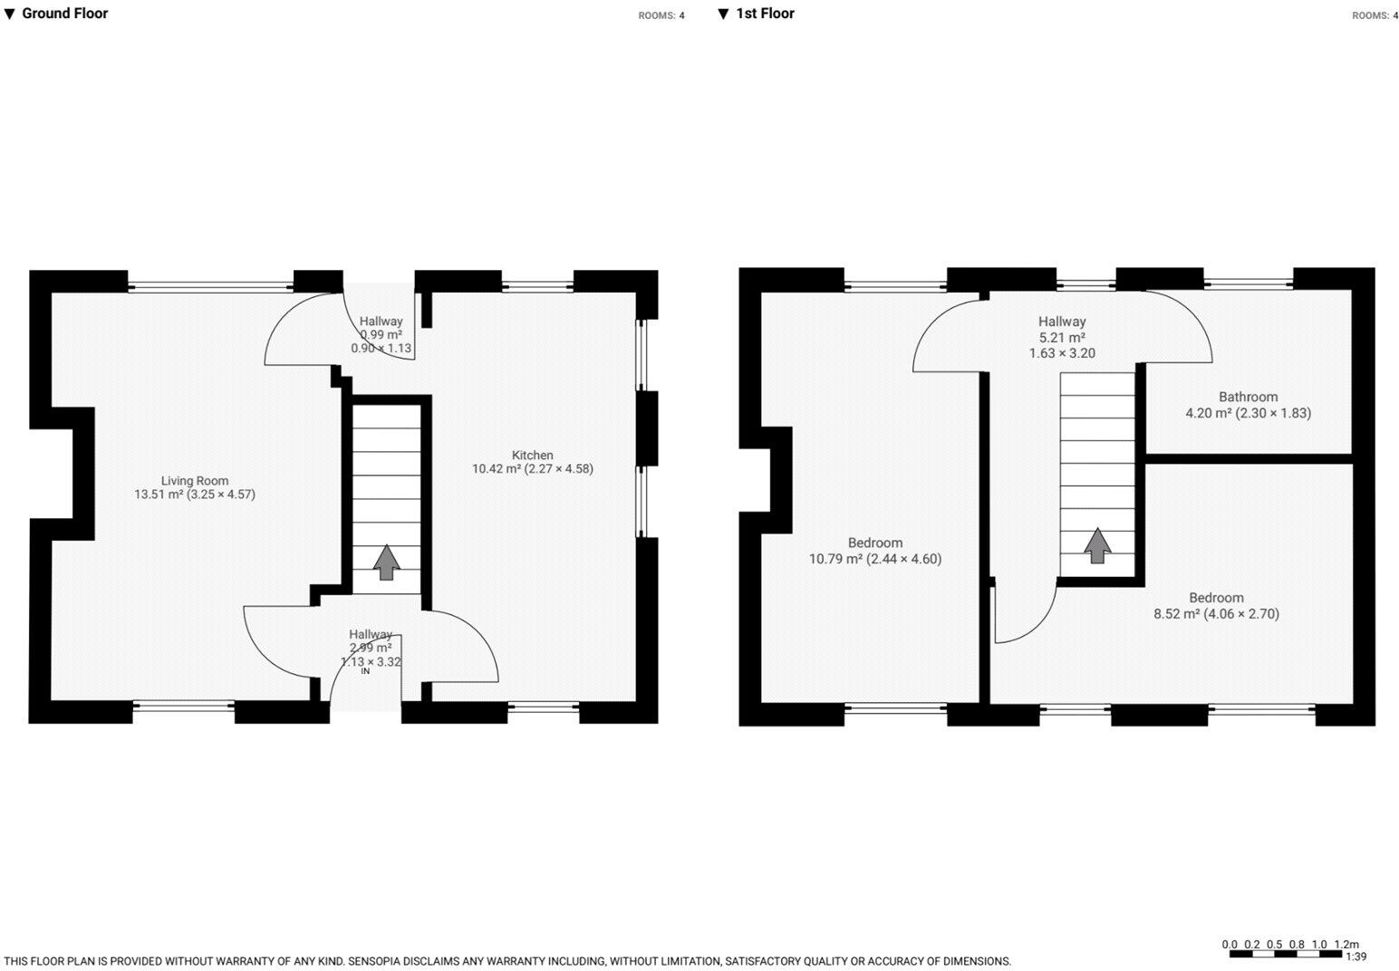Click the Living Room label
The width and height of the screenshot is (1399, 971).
[x=195, y=481]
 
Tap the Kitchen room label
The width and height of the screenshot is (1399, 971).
[x=532, y=456]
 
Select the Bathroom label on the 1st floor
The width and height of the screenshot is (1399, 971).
[x=1248, y=397]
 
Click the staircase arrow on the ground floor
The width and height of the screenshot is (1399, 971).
[x=387, y=562]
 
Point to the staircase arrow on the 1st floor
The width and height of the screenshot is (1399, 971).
[x=1097, y=545]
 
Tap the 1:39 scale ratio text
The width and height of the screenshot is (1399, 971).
[x=1356, y=957]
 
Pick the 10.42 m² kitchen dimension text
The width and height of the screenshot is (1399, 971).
[x=532, y=469]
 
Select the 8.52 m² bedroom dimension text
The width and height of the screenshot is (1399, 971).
[x=1216, y=614]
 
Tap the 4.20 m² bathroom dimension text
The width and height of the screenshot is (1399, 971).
[x=1248, y=413]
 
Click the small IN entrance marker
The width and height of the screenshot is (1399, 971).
[x=366, y=671]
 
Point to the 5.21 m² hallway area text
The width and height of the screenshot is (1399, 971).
[x=1062, y=338]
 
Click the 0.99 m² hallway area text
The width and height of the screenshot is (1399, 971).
[x=381, y=335]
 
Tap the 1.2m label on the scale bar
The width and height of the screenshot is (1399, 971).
[x=1346, y=945]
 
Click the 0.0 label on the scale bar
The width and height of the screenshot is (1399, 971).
[x=1230, y=945]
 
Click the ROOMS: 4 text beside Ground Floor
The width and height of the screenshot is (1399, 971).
[x=661, y=15]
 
